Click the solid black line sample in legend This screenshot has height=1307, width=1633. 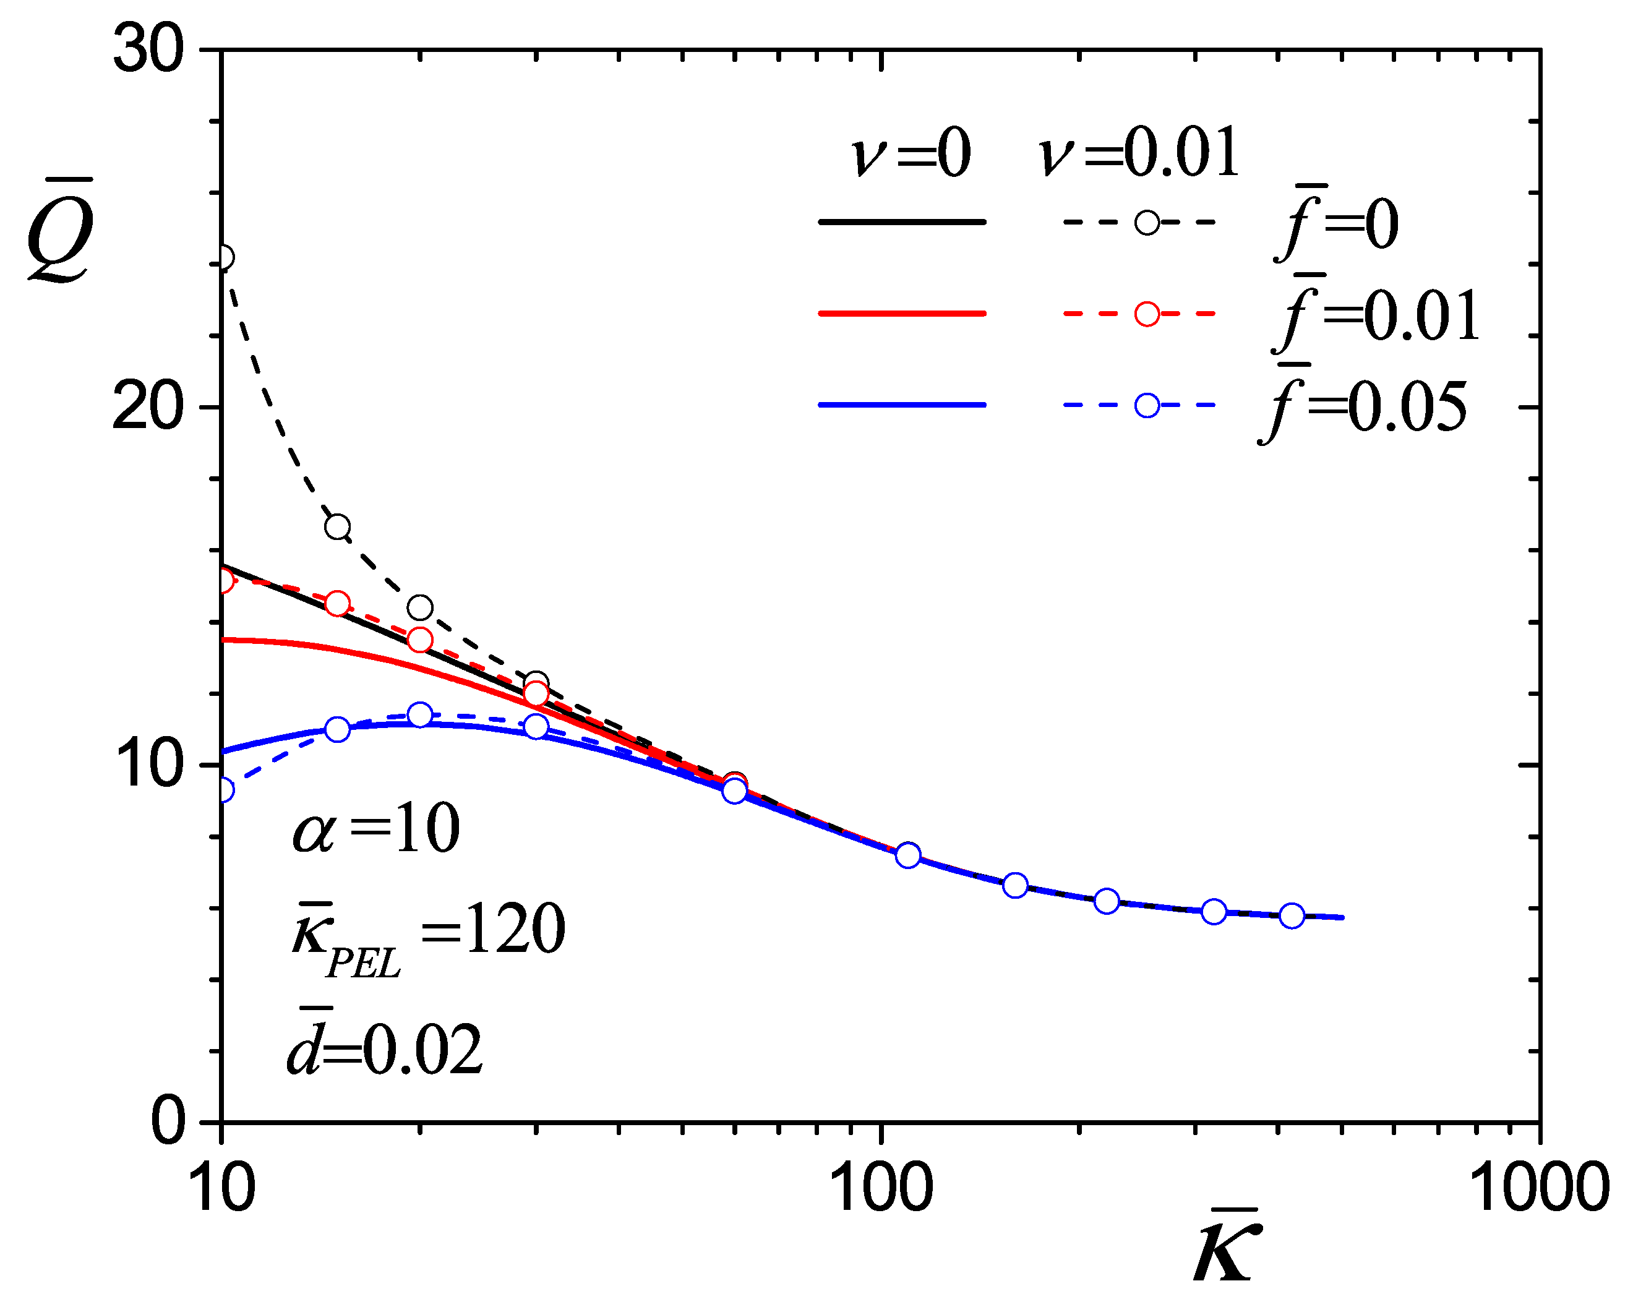902,222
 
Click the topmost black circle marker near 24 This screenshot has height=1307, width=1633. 223,258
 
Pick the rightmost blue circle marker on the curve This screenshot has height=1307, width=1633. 1292,916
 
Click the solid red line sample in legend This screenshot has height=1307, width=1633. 902,314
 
